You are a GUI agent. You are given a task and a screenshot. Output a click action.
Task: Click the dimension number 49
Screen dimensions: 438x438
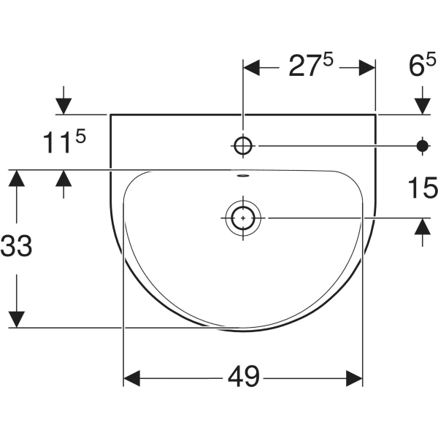click(x=244, y=377)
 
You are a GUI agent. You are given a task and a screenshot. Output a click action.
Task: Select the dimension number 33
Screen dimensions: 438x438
click(x=16, y=246)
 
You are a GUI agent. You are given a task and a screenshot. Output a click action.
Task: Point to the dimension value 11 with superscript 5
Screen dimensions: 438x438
click(x=64, y=142)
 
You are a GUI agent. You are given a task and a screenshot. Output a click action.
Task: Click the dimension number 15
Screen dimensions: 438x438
click(x=423, y=188)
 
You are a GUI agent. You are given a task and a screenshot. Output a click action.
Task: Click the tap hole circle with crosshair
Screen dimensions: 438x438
click(x=243, y=146)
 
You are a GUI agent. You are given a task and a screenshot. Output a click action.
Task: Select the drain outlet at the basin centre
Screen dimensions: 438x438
click(x=243, y=218)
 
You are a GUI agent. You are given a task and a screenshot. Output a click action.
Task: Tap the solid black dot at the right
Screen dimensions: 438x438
click(x=423, y=146)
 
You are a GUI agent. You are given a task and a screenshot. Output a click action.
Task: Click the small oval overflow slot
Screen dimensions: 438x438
click(x=243, y=176)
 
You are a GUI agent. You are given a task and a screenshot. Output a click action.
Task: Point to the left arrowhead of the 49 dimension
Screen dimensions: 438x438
click(x=131, y=378)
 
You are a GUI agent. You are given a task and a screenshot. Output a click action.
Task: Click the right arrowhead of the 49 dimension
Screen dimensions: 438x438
click(x=354, y=378)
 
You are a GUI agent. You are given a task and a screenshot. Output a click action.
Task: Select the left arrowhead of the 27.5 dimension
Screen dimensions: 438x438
click(x=251, y=68)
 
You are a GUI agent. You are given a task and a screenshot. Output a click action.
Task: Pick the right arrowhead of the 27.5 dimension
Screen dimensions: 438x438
click(x=367, y=68)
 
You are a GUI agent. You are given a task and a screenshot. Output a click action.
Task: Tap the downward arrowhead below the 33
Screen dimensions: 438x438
click(x=17, y=319)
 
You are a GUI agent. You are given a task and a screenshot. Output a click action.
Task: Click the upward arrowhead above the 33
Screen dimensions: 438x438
click(x=17, y=178)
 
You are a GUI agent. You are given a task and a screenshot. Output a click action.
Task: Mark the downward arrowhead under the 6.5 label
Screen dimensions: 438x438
click(x=423, y=107)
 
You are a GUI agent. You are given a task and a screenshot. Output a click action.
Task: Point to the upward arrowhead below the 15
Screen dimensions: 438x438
click(x=423, y=226)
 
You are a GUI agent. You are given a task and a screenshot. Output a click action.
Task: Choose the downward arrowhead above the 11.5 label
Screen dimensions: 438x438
click(x=64, y=107)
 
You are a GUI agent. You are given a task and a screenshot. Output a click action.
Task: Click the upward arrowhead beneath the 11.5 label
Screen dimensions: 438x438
click(x=64, y=178)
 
